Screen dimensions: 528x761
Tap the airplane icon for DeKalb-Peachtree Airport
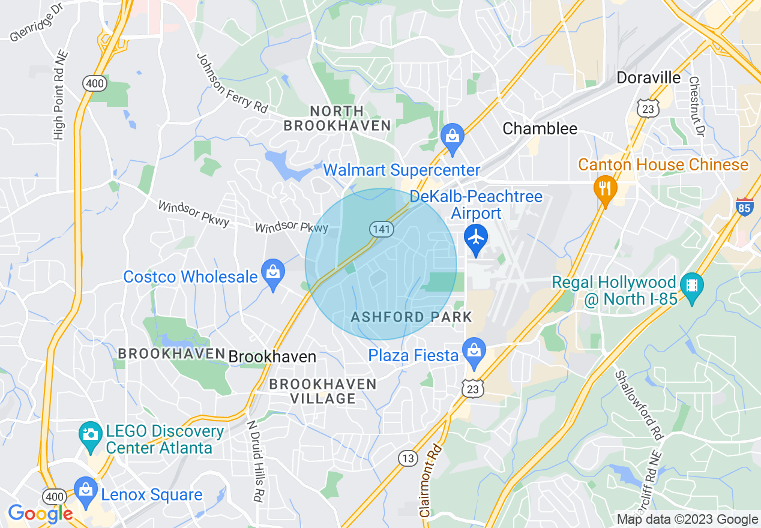[476, 238]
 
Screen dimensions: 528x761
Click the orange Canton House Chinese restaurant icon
[605, 188]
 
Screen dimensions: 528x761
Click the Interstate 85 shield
[744, 207]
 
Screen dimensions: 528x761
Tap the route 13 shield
[408, 458]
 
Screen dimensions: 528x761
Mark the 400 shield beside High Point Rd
[95, 83]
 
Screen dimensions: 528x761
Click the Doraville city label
[649, 78]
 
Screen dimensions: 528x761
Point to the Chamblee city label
[540, 128]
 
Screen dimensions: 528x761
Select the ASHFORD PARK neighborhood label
[412, 317]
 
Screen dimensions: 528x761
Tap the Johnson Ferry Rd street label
[232, 82]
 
